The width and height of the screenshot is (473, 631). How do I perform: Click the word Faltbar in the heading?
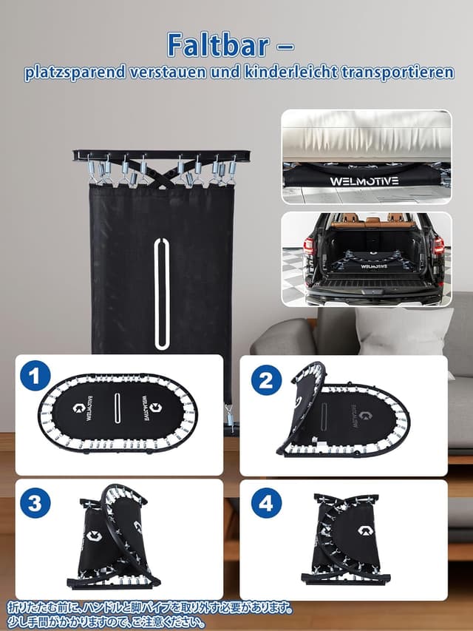click(x=219, y=44)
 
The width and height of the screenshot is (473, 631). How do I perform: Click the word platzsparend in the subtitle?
click(x=75, y=72)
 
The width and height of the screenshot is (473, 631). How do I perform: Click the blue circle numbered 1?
click(x=35, y=376)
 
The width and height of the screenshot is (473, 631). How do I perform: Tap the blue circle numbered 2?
click(x=266, y=380)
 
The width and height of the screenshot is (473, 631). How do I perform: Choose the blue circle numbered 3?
click(x=35, y=503)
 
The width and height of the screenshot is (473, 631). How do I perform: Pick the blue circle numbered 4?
click(x=266, y=503)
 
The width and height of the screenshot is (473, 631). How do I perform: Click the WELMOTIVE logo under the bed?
click(x=364, y=181)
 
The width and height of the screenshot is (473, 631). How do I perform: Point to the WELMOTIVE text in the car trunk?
click(x=374, y=266)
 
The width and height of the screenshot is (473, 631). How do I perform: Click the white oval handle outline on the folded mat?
click(x=161, y=293)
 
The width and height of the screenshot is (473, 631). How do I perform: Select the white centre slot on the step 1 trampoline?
click(x=117, y=408)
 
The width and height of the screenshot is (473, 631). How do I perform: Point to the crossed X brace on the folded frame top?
click(x=161, y=174)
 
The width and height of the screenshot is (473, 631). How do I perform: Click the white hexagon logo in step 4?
click(x=365, y=531)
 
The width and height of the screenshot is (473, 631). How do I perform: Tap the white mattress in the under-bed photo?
click(x=367, y=136)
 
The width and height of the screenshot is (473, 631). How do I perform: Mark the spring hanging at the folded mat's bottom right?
click(x=230, y=418)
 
